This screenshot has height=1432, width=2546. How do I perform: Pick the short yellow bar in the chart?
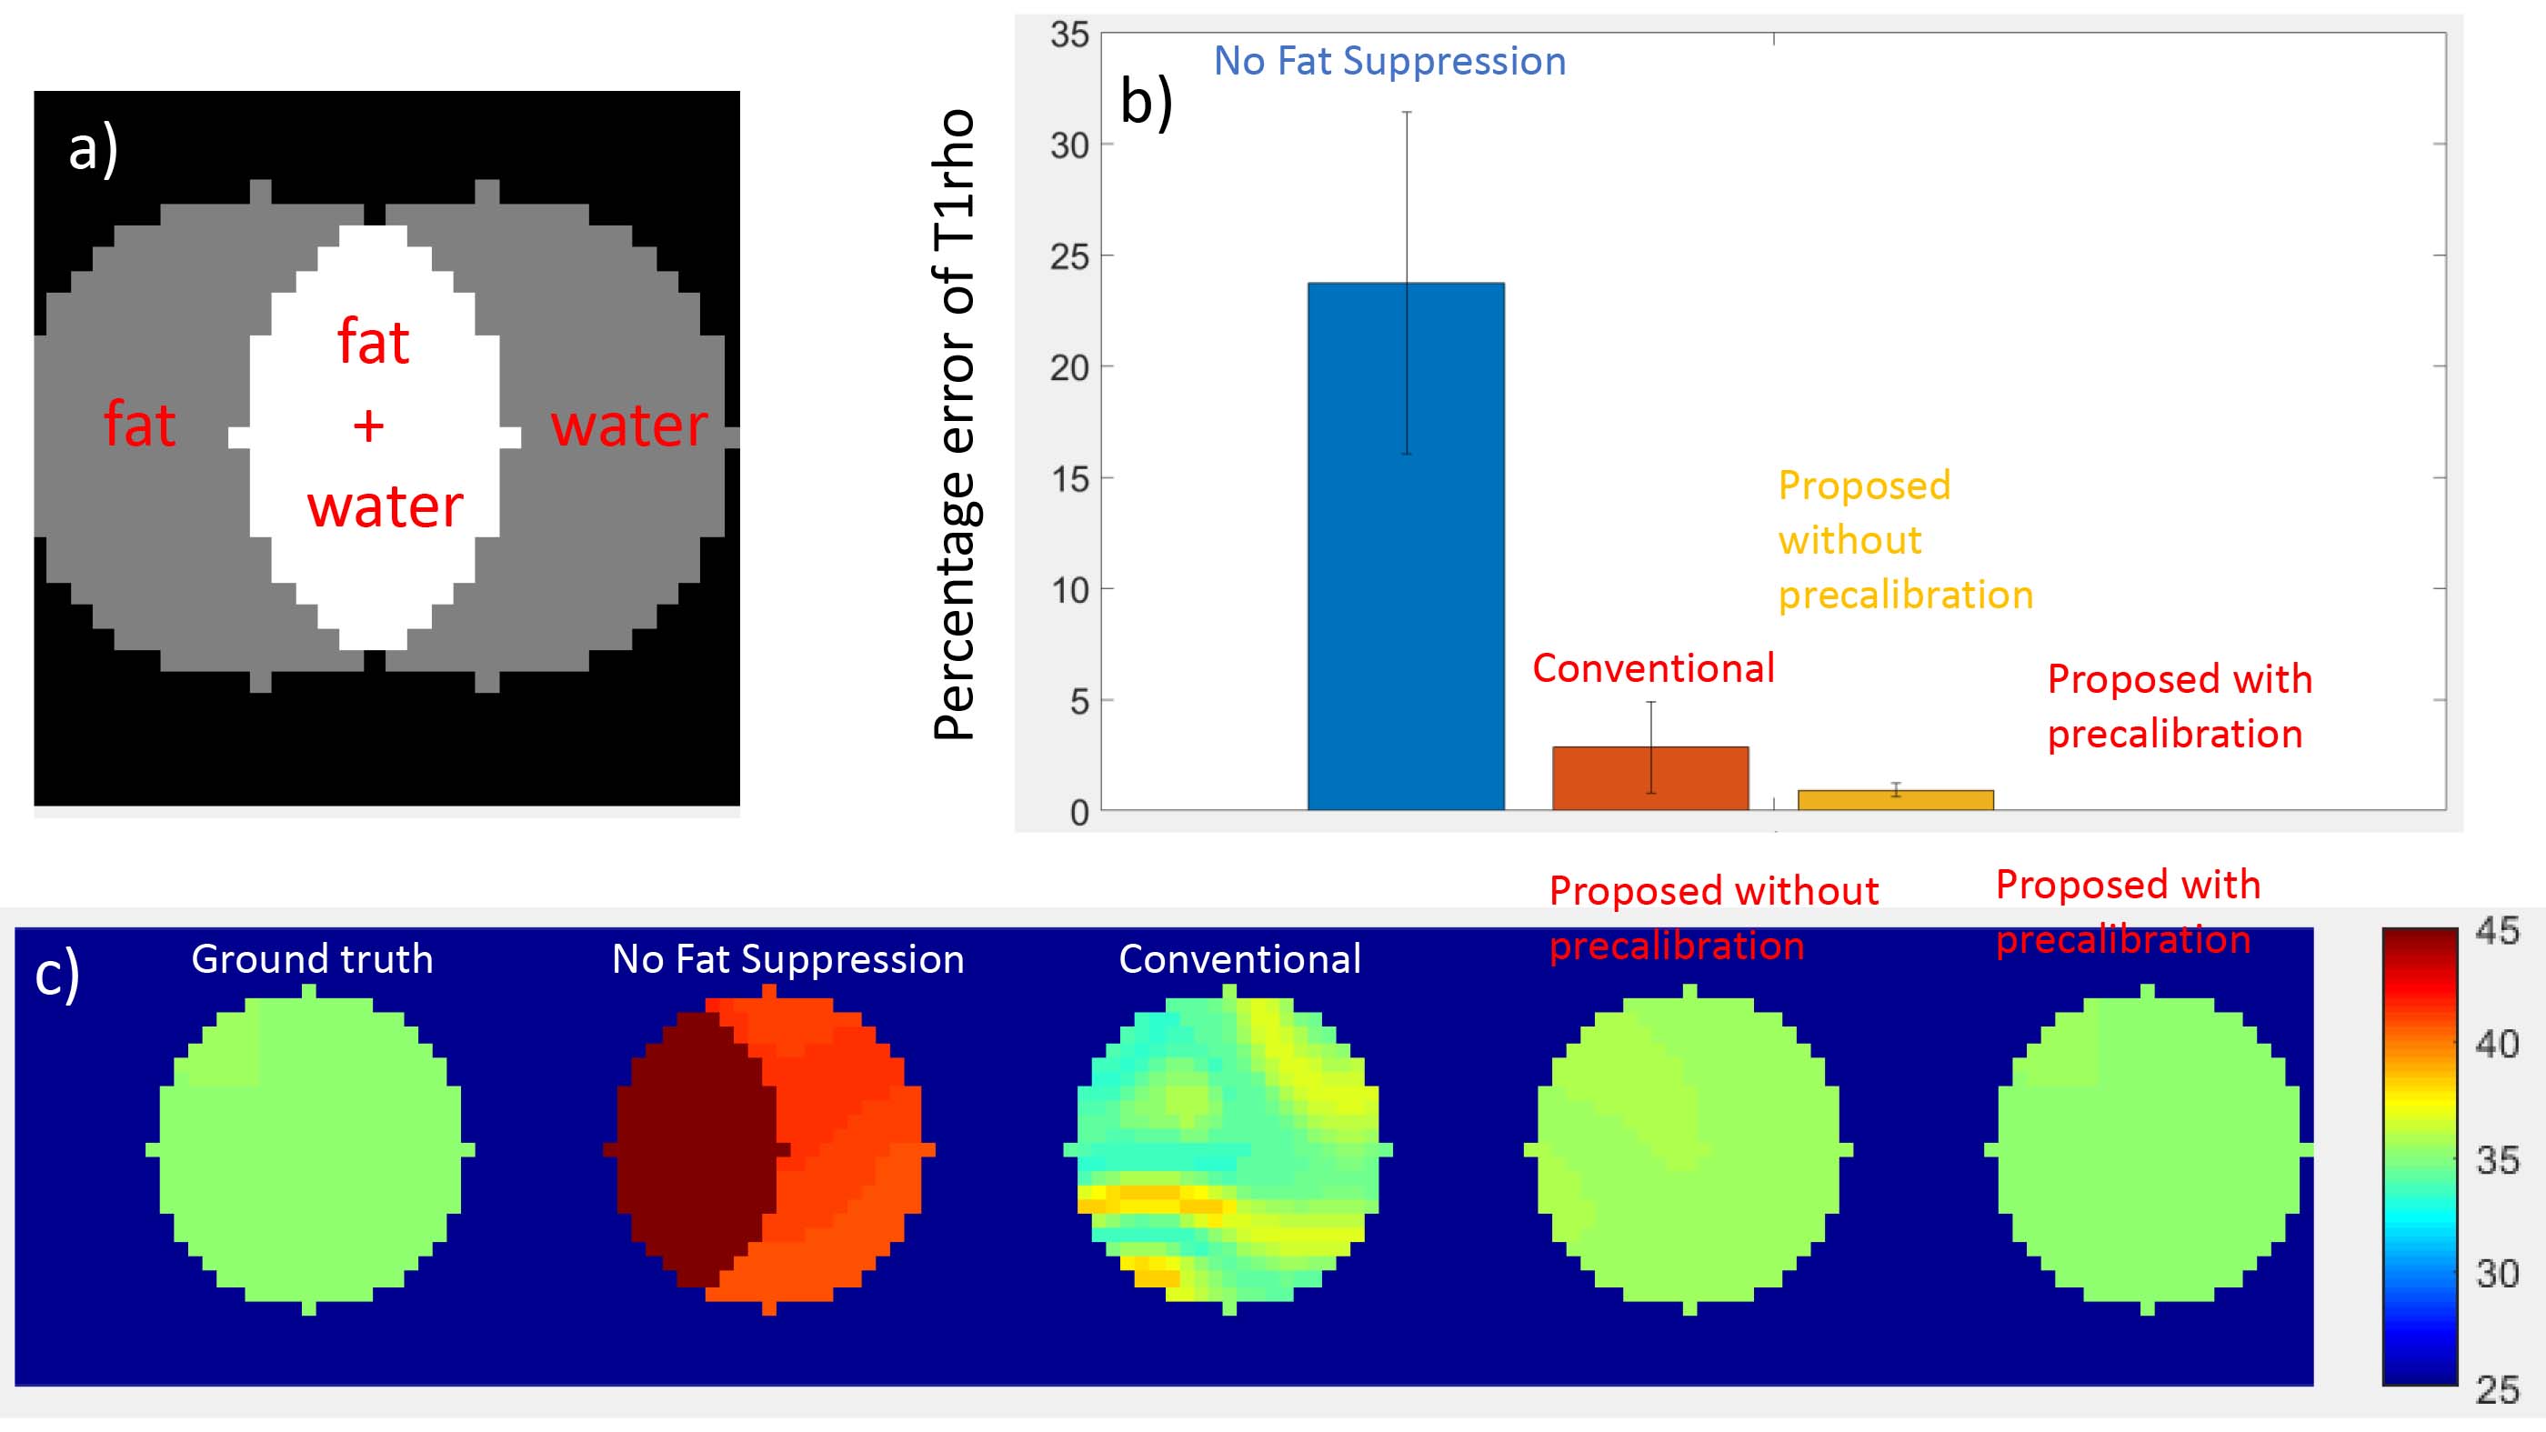click(x=1895, y=799)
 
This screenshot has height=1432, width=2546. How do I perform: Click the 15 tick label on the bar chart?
click(x=1069, y=479)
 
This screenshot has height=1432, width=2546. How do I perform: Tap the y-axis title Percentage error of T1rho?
click(x=955, y=425)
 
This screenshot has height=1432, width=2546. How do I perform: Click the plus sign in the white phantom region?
click(x=368, y=426)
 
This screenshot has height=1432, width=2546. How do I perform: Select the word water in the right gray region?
click(x=628, y=425)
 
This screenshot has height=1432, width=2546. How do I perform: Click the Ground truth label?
click(x=311, y=958)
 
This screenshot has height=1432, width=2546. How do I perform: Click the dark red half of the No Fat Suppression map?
click(x=692, y=1147)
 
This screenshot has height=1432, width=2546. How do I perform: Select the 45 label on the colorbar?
click(x=2497, y=931)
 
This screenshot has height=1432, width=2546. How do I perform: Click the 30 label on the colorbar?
click(x=2497, y=1273)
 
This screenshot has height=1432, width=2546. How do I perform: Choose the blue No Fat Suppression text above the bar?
click(x=1388, y=61)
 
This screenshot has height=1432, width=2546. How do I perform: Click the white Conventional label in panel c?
click(x=1239, y=958)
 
